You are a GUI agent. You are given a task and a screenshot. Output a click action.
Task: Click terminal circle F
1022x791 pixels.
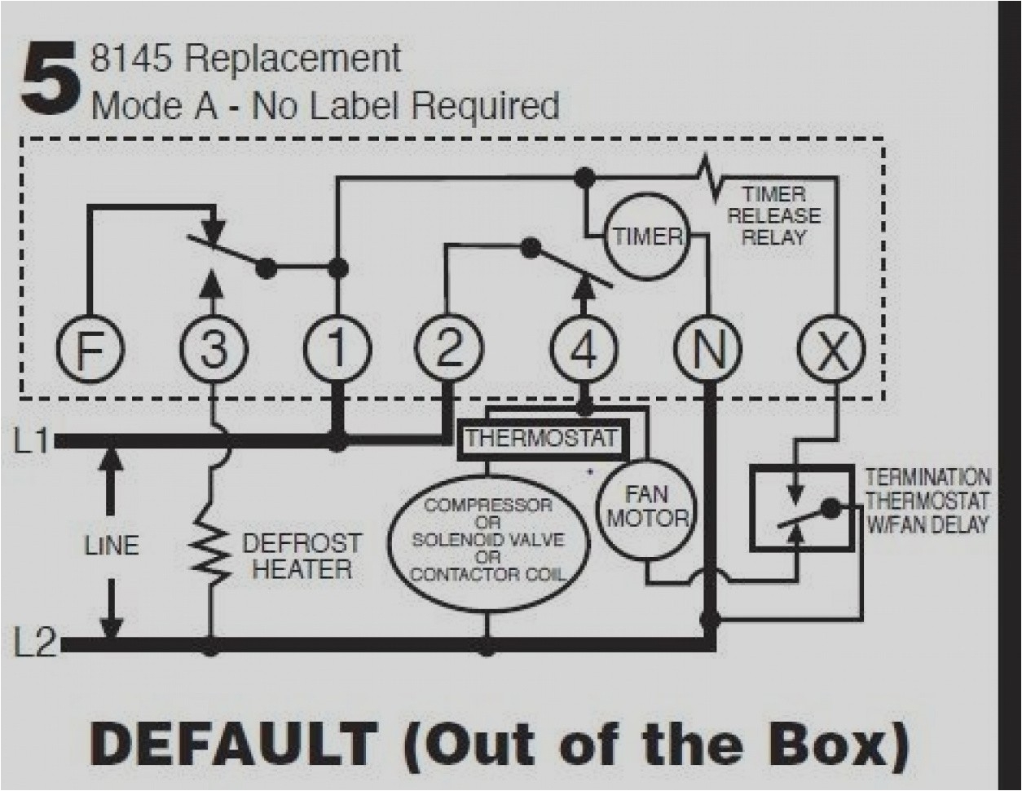pyautogui.click(x=90, y=351)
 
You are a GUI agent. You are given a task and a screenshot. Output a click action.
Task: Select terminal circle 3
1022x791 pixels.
pyautogui.click(x=212, y=351)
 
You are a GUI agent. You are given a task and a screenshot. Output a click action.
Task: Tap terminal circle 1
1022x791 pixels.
pyautogui.click(x=337, y=350)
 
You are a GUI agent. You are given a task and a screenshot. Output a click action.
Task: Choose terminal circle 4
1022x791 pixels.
pyautogui.click(x=584, y=350)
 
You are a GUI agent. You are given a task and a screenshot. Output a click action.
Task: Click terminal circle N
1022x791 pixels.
pyautogui.click(x=707, y=350)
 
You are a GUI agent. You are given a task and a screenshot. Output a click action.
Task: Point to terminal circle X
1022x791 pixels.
pyautogui.click(x=830, y=350)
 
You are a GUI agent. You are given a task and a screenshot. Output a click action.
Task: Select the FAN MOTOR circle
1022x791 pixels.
pyautogui.click(x=647, y=506)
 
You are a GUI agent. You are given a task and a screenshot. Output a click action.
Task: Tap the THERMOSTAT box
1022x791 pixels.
pyautogui.click(x=541, y=440)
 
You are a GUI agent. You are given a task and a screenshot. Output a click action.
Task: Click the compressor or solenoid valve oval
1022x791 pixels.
pyautogui.click(x=487, y=540)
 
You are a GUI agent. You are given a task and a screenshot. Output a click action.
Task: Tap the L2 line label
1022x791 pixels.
pyautogui.click(x=34, y=644)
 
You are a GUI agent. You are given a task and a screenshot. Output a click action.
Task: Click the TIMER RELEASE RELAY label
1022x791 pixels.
pyautogui.click(x=773, y=216)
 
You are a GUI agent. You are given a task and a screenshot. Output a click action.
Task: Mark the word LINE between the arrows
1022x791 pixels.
pyautogui.click(x=112, y=545)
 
